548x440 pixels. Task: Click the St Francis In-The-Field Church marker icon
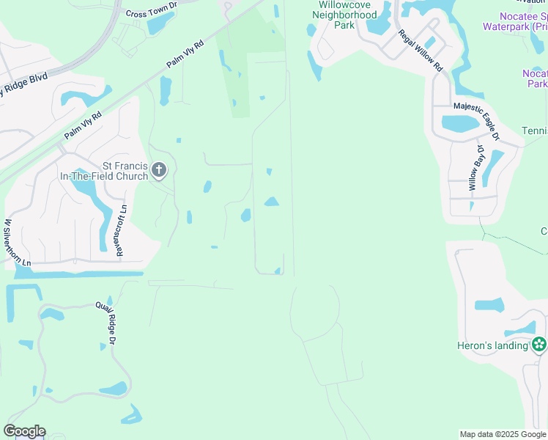pos(159,172)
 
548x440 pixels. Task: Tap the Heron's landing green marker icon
pos(539,344)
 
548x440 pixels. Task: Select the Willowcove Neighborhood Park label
pos(333,15)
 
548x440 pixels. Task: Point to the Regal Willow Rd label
pos(421,50)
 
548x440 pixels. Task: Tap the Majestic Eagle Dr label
pos(476,121)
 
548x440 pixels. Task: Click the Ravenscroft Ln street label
pos(122,230)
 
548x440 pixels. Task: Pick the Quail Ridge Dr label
pos(106,323)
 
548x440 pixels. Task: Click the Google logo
pos(24,431)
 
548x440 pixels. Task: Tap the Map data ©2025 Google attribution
pos(503,434)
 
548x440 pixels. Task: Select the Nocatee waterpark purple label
pos(514,21)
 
